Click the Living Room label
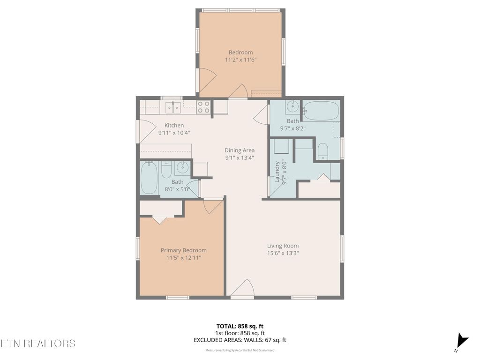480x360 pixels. [x=283, y=246]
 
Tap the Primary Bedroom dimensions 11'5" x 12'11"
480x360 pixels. [x=183, y=258]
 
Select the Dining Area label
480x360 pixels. [x=239, y=150]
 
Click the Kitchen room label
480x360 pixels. [x=174, y=125]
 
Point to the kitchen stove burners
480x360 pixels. [x=203, y=107]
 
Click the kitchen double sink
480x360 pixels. [x=173, y=108]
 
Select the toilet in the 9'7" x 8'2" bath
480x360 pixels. [x=322, y=151]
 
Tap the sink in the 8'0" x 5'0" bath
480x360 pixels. [x=182, y=167]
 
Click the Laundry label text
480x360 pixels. [x=277, y=172]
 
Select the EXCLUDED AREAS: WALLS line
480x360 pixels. [x=240, y=340]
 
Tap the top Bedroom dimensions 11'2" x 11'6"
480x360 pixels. [x=240, y=60]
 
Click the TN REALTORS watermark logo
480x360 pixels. [x=37, y=343]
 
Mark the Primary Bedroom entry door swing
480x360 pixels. [x=213, y=205]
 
